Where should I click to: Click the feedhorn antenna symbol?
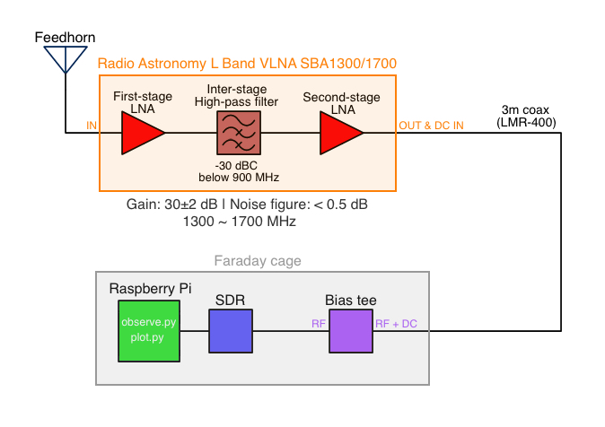(66, 59)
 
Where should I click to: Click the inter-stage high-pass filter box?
(237, 134)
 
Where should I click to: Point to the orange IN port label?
(91, 125)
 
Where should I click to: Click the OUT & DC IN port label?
(432, 125)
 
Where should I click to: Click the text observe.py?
(150, 320)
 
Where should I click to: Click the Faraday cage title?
(258, 261)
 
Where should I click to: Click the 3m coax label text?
(526, 109)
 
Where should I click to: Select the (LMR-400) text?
(526, 122)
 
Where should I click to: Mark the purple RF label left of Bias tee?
(319, 322)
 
